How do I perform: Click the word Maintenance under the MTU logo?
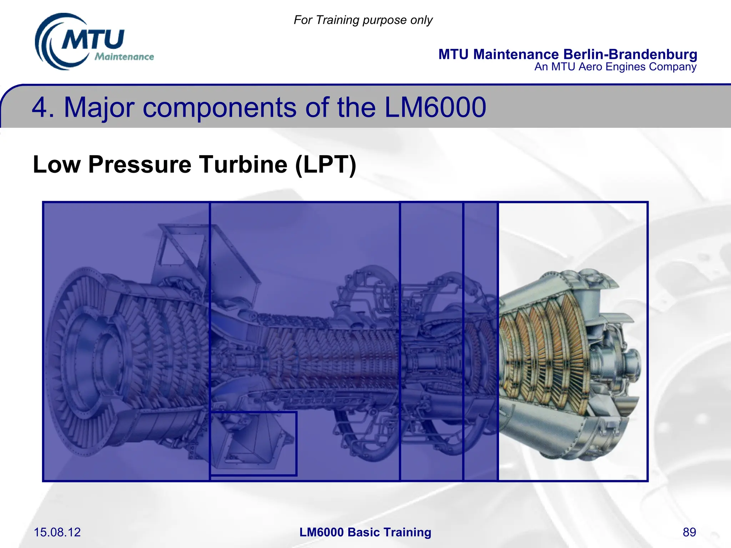(x=124, y=57)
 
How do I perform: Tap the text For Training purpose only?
(x=363, y=20)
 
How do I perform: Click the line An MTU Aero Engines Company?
(x=615, y=67)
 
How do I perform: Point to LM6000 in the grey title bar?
(x=435, y=107)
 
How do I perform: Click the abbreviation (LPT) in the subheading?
(x=326, y=164)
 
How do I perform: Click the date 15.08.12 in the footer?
(x=57, y=532)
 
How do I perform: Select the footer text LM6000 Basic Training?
(x=365, y=532)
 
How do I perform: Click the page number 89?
(x=689, y=532)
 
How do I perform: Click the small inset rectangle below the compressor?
(x=253, y=443)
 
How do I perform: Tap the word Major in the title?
(x=99, y=108)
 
